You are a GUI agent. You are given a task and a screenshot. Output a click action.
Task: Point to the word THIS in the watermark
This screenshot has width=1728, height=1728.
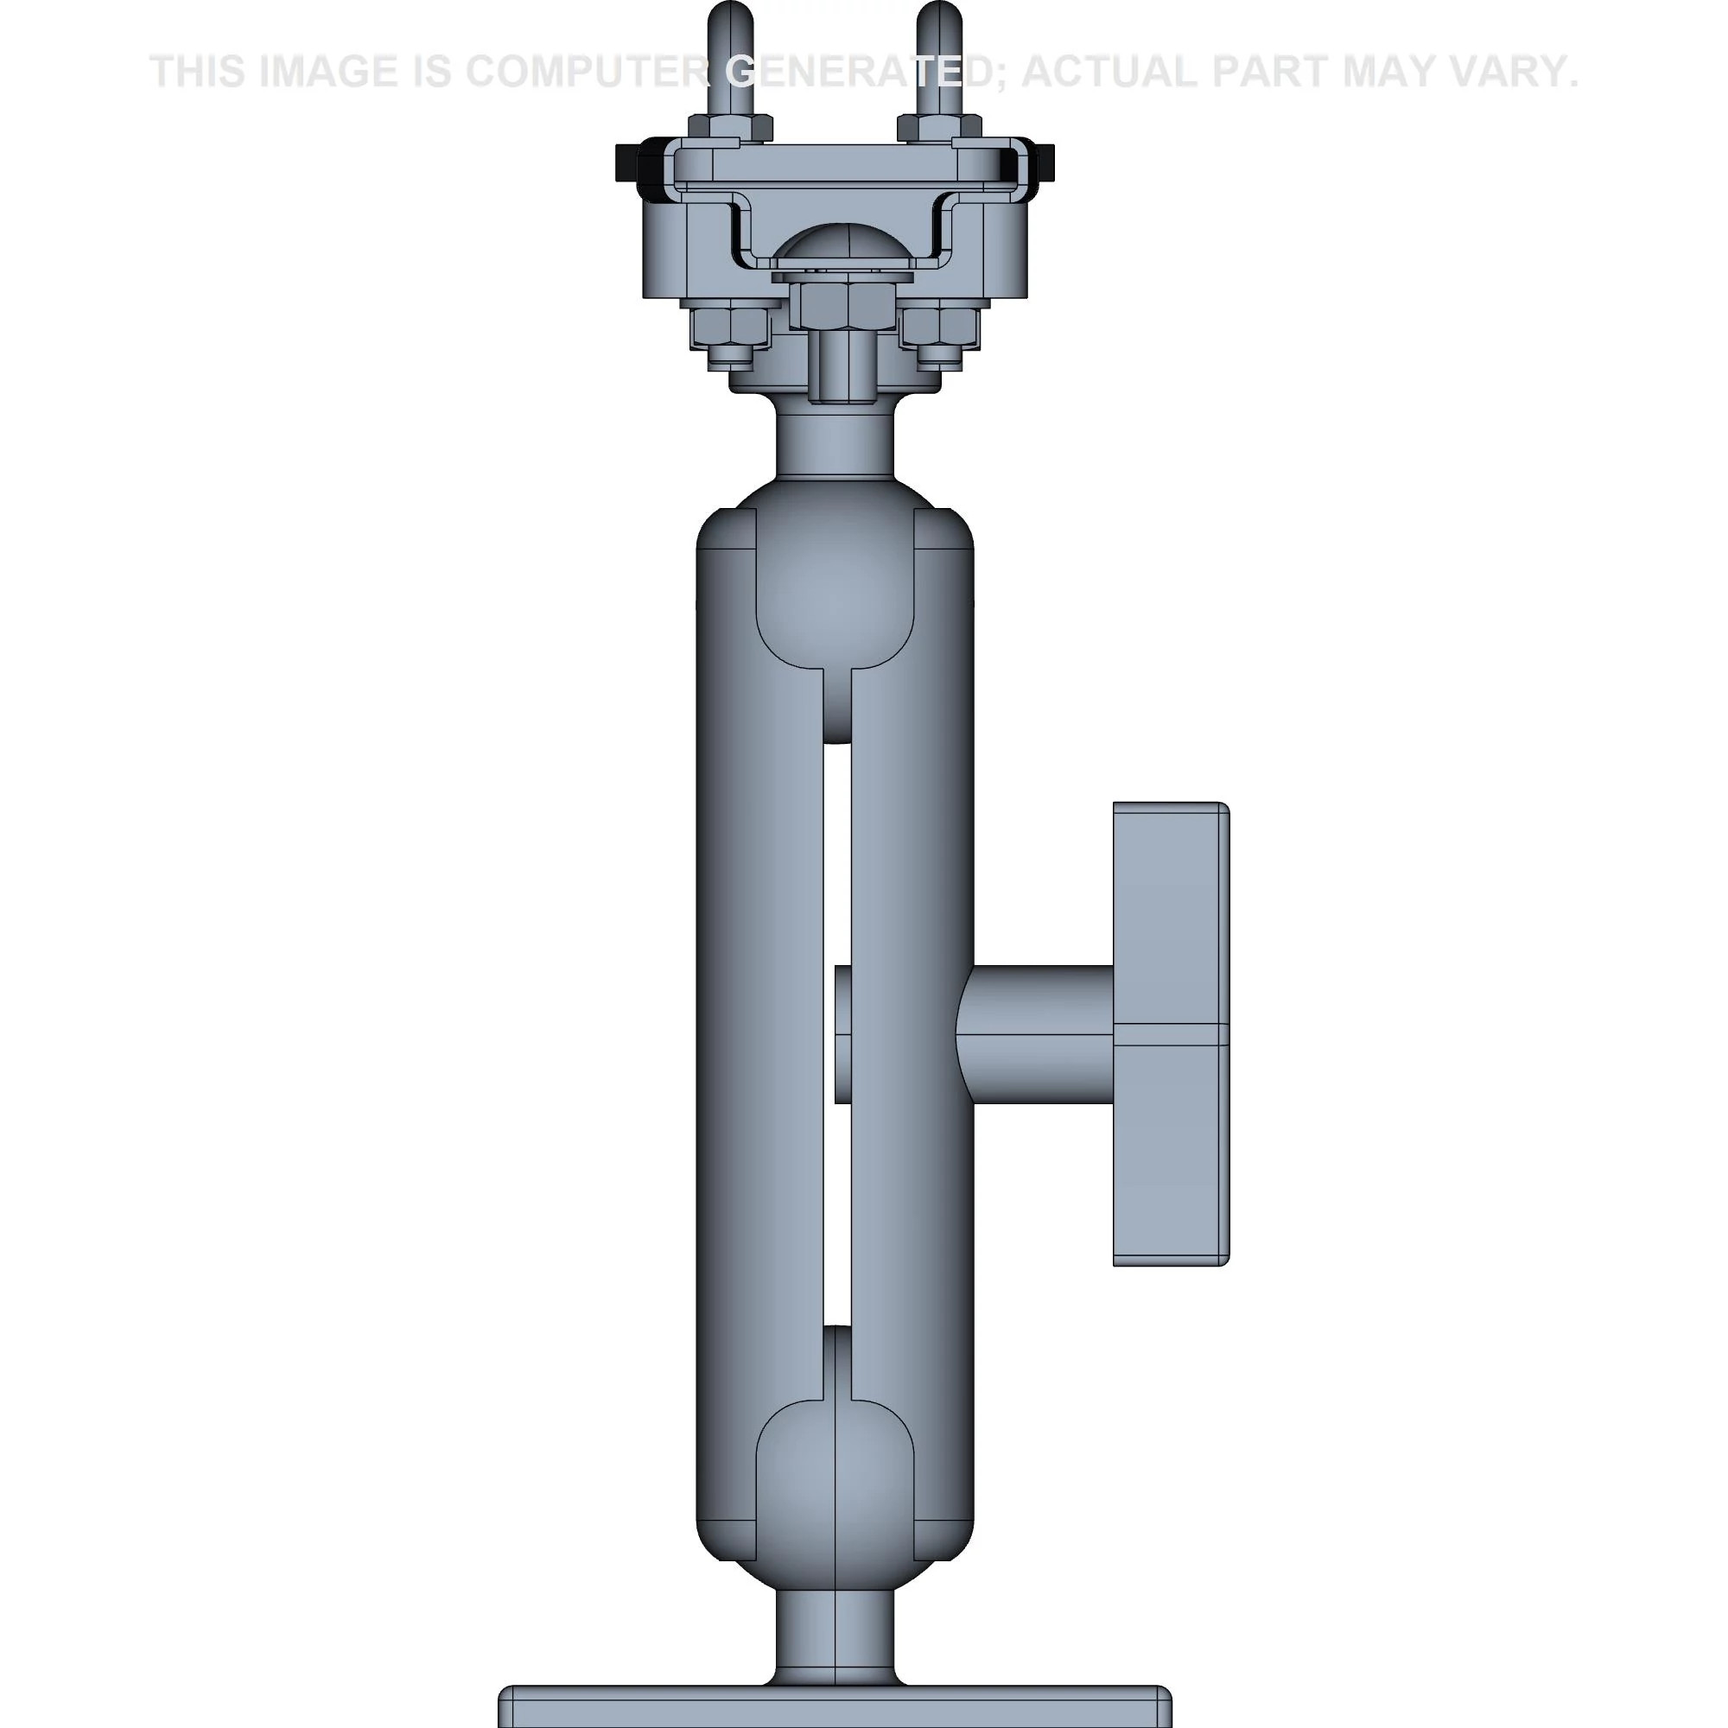coord(199,72)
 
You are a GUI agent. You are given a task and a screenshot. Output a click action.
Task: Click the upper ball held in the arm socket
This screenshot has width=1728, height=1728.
coord(835,581)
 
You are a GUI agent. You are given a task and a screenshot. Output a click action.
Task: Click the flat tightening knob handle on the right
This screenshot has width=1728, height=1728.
coord(1170,1034)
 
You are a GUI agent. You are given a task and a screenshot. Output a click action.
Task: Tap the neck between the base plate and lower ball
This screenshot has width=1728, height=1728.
coord(835,1636)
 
